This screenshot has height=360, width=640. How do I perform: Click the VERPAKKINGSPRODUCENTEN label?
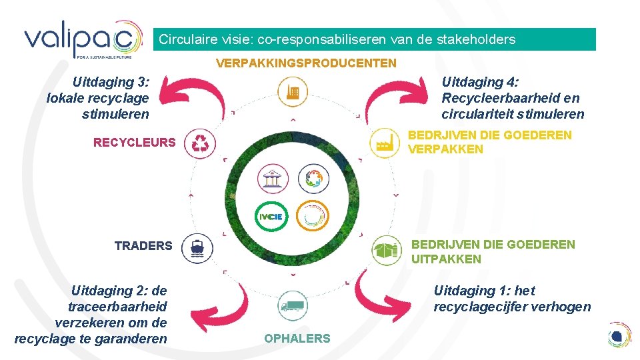(x=306, y=63)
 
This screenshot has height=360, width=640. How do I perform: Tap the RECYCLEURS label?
(x=135, y=142)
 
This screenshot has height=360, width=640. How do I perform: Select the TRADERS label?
(x=143, y=246)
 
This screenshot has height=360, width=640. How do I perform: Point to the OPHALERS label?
(x=297, y=339)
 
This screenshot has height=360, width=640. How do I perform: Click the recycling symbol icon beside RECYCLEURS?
(x=199, y=143)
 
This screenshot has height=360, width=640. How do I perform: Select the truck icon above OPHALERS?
(x=292, y=307)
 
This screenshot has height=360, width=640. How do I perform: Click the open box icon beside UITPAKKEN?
(x=386, y=250)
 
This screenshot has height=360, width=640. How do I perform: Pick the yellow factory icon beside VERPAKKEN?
(x=384, y=143)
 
